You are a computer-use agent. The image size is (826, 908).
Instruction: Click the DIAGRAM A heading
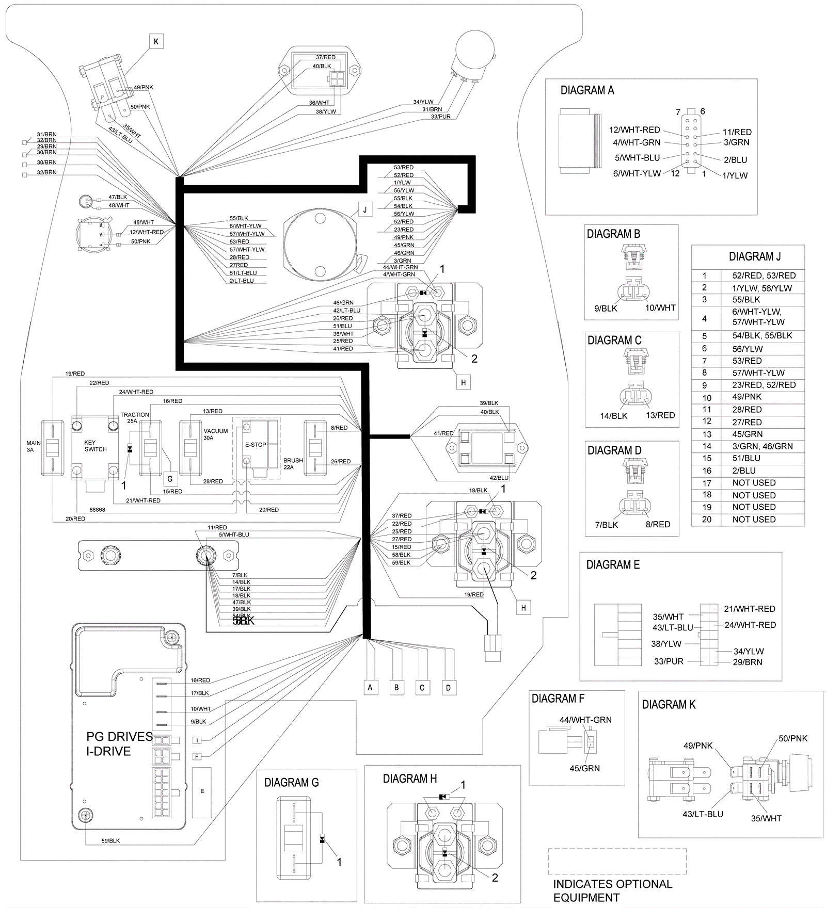tap(587, 91)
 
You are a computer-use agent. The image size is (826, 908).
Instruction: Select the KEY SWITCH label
tap(96, 446)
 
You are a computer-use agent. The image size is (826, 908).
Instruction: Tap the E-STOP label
tap(256, 445)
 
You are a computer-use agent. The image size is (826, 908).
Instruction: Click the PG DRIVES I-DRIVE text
tap(119, 744)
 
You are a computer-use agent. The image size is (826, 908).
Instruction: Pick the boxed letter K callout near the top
tap(156, 41)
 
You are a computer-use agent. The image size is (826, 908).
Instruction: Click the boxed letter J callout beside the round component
tap(365, 209)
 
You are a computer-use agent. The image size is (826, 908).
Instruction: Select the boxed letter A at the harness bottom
tap(370, 688)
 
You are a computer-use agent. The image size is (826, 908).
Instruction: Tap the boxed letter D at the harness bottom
tap(448, 688)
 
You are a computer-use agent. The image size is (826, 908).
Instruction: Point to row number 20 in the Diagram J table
tap(707, 520)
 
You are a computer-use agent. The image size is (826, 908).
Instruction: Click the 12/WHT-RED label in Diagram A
tap(634, 130)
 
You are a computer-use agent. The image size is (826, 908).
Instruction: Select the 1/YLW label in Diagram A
tap(735, 175)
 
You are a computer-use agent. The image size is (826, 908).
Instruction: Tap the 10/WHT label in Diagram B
tap(660, 308)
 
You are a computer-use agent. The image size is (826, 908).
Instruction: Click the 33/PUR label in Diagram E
tap(669, 661)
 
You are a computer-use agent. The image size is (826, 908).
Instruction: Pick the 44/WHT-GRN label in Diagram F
tap(585, 720)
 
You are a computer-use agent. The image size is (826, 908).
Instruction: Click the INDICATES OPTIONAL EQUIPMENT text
tap(612, 891)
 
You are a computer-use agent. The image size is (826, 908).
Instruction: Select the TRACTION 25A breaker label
tap(134, 417)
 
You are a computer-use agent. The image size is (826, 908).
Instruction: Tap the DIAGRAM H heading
tap(409, 779)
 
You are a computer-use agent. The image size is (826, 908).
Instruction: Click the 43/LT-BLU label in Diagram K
tap(703, 814)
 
